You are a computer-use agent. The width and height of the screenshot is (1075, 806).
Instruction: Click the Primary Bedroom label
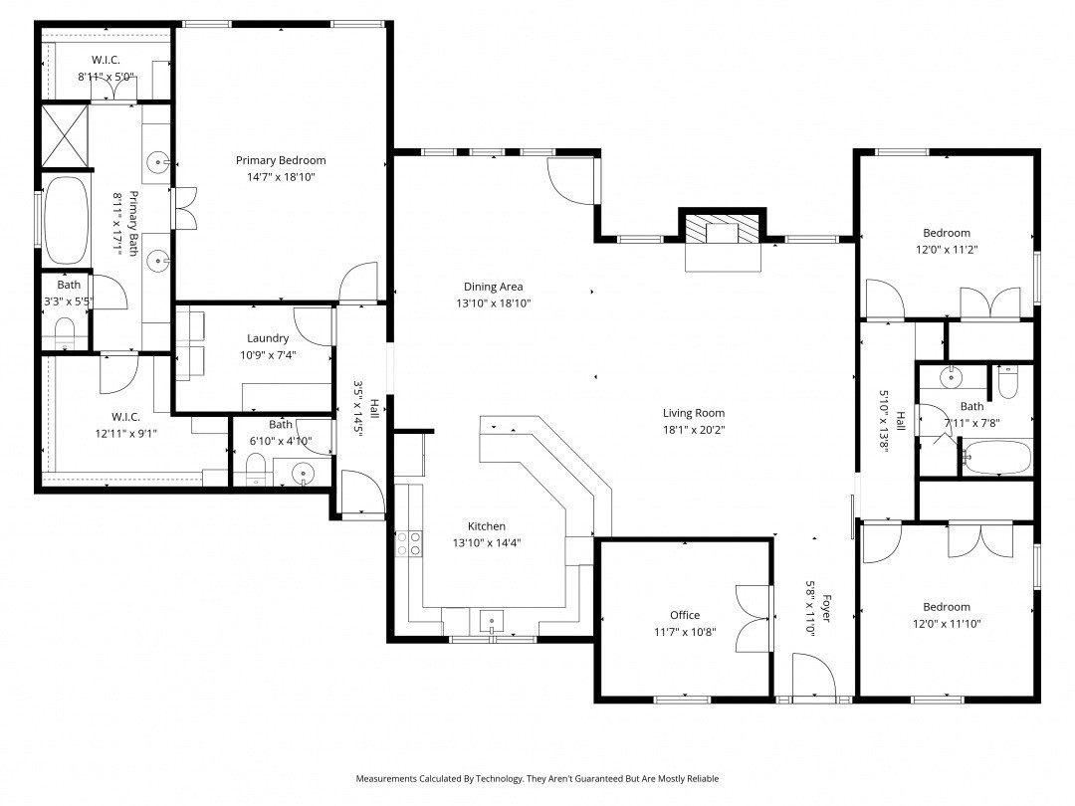281,160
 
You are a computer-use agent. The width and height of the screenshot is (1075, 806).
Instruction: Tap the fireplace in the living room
723,230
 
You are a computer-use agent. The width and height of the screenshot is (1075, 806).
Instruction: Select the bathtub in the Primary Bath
67,220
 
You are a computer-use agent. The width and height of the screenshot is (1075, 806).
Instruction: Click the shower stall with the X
65,135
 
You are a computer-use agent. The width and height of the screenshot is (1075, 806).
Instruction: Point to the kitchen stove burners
409,543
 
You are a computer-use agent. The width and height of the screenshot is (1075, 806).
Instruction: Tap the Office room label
685,616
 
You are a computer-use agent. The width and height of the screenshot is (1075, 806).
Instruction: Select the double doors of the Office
753,619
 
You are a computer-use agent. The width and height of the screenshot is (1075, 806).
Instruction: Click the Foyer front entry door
814,676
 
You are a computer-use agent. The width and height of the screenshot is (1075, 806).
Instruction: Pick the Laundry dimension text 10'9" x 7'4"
268,355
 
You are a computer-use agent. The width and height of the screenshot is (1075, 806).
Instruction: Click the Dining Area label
494,287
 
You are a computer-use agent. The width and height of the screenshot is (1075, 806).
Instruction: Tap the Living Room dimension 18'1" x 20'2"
694,430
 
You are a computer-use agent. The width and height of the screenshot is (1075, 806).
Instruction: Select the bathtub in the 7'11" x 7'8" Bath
996,457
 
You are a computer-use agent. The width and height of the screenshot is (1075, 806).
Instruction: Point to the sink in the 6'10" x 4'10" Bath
303,473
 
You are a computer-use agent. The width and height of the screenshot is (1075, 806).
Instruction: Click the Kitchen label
487,526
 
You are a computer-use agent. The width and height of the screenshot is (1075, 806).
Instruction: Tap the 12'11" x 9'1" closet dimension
126,433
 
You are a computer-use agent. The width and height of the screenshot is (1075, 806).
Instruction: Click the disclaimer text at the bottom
537,778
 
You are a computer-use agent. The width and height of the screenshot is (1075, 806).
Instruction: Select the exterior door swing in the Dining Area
572,181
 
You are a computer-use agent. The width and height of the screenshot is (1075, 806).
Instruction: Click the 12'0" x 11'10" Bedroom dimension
947,624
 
